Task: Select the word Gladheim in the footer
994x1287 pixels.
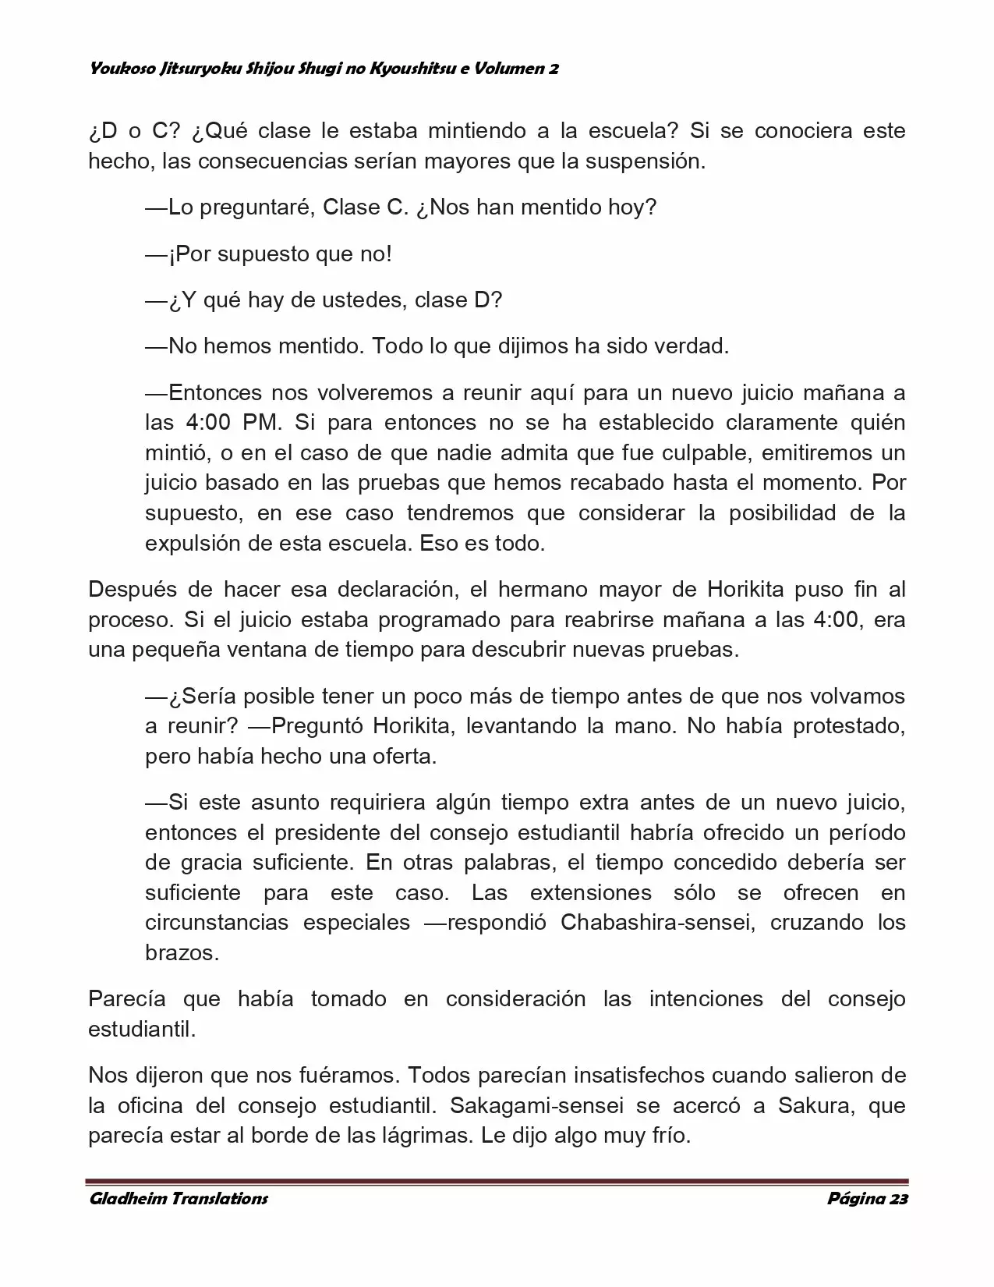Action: click(x=127, y=1199)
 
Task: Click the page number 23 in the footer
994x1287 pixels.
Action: click(x=897, y=1199)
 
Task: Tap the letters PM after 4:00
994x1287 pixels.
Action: click(x=260, y=422)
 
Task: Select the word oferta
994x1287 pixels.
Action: click(x=398, y=757)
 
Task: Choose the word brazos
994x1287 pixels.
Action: click(x=182, y=953)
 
